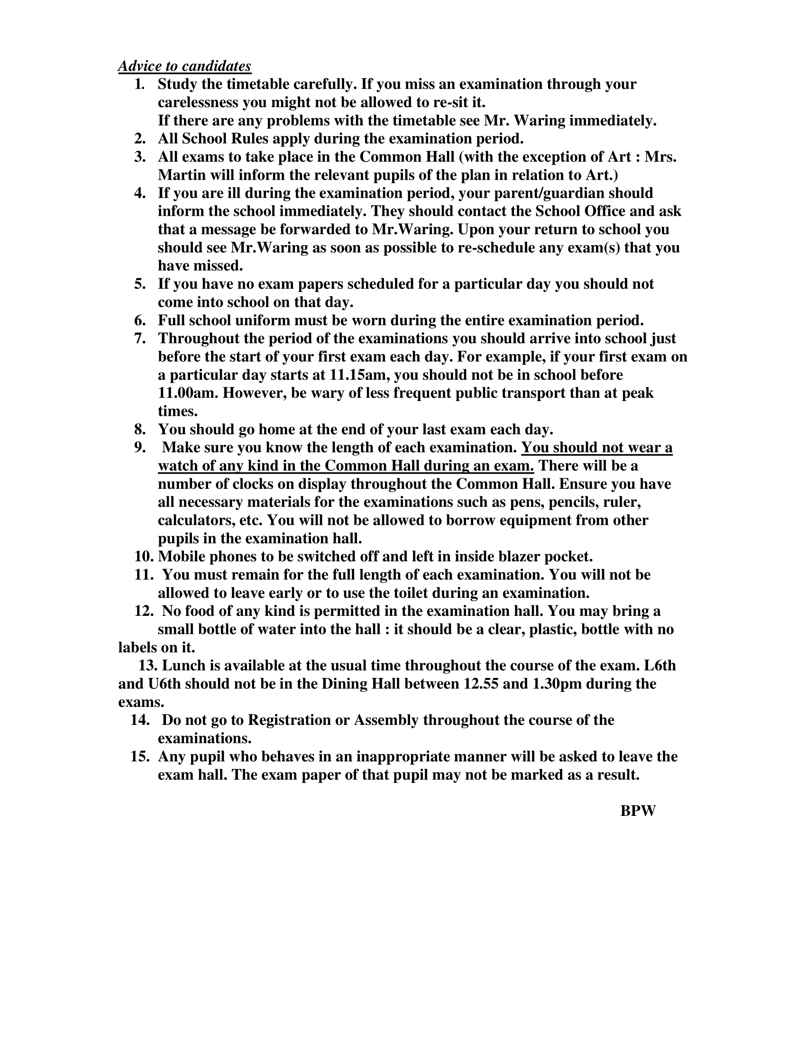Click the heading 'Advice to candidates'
[x=184, y=66]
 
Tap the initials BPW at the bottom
[x=638, y=811]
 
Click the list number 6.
[x=139, y=320]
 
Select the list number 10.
[x=143, y=557]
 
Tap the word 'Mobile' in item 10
[x=182, y=557]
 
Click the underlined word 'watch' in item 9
[x=176, y=466]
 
